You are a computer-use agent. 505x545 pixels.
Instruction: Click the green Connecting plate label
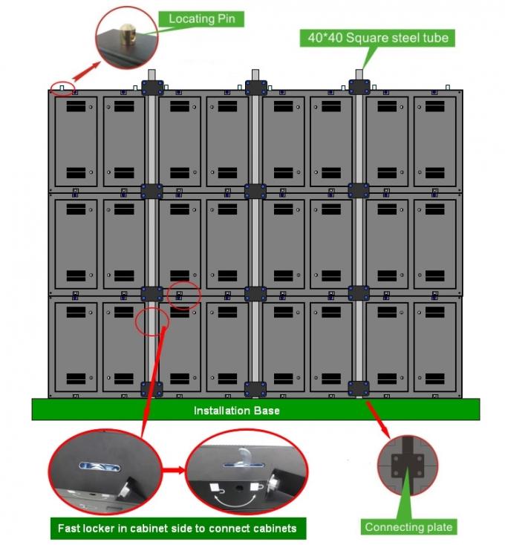click(408, 527)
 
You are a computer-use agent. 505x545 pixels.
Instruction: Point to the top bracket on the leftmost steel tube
click(151, 88)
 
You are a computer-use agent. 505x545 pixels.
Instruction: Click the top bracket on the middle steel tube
click(255, 88)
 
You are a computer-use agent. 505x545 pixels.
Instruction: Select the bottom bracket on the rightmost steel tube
click(359, 388)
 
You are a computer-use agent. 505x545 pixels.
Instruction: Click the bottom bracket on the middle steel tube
click(255, 388)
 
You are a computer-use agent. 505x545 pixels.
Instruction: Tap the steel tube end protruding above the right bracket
click(359, 75)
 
